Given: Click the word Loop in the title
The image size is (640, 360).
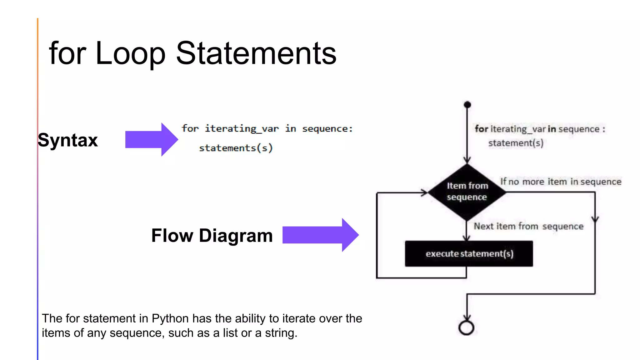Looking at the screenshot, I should click(x=130, y=54).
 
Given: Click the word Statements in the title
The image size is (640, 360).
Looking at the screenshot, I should click(x=256, y=54).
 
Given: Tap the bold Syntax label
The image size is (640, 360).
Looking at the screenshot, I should click(x=68, y=140).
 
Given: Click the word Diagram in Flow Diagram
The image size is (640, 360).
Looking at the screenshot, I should click(x=236, y=236).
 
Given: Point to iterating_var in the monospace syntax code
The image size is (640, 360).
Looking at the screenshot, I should click(x=242, y=129).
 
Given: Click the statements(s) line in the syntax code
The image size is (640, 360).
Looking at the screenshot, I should click(x=236, y=148).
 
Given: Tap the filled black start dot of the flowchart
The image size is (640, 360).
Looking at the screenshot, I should click(x=467, y=105).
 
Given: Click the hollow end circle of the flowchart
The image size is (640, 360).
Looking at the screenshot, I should click(x=466, y=328).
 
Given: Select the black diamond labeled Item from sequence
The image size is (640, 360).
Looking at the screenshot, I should click(x=467, y=192).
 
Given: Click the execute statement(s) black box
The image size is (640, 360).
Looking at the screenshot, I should click(x=469, y=253).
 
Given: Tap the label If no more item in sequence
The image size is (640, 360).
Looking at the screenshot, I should click(x=561, y=182).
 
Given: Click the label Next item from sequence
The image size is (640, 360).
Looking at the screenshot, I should click(x=528, y=226).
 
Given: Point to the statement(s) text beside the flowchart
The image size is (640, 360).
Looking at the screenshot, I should click(x=516, y=143).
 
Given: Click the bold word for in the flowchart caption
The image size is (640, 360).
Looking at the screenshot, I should click(x=481, y=129).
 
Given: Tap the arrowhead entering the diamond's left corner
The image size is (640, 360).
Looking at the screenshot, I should click(x=424, y=192).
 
